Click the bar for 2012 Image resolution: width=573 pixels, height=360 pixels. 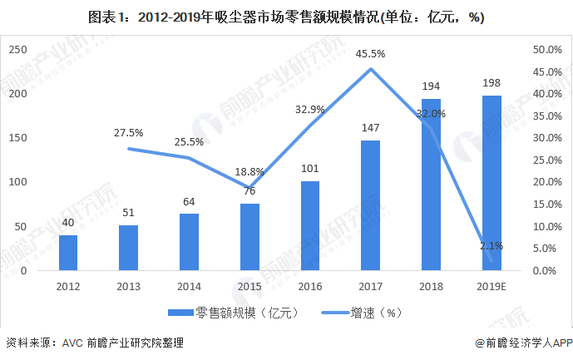point(68,253)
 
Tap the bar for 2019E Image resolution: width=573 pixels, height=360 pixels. point(491,183)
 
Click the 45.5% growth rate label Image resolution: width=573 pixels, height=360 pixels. point(370,54)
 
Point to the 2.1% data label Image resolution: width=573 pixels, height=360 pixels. point(491,247)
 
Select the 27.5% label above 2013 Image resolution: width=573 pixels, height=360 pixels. point(128,132)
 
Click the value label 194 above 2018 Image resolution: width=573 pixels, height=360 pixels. point(431,86)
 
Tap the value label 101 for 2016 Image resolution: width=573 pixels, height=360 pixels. point(310,170)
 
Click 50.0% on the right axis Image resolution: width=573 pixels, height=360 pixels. point(544,50)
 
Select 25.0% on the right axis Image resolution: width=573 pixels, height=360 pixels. point(544,160)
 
